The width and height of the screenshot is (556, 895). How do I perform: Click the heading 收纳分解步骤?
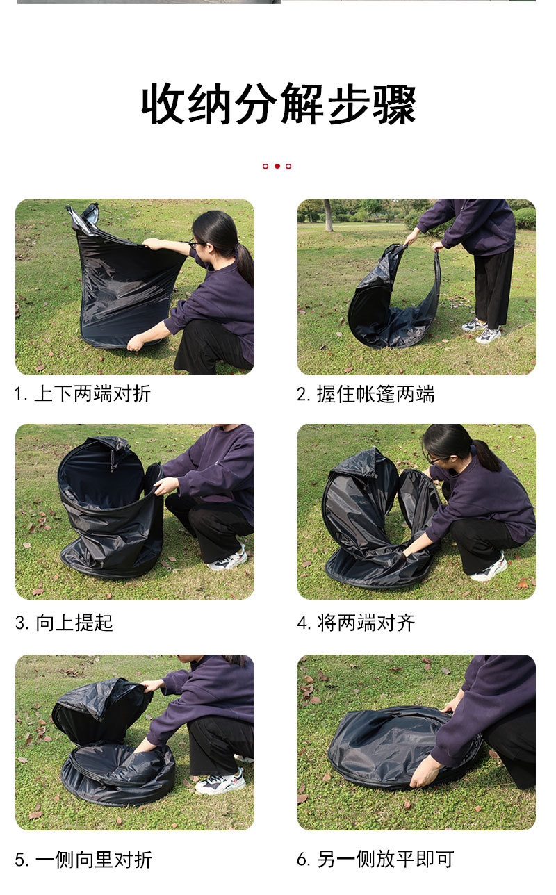click(x=278, y=104)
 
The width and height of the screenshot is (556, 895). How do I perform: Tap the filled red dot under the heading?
click(x=277, y=166)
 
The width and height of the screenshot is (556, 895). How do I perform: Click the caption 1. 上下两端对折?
click(x=83, y=394)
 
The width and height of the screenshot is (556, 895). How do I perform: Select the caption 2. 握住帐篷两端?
click(x=366, y=394)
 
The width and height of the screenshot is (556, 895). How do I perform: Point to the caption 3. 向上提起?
click(x=64, y=623)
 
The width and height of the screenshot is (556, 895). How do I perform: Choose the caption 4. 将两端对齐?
click(x=356, y=623)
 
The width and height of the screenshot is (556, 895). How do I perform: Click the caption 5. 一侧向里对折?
click(x=83, y=860)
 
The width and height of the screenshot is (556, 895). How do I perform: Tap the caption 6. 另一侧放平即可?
click(x=375, y=860)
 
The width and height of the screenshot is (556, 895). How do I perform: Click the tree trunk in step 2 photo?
click(x=327, y=215)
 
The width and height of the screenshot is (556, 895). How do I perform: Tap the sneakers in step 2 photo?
click(x=483, y=331)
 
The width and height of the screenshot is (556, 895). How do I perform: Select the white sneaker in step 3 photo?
click(x=229, y=559)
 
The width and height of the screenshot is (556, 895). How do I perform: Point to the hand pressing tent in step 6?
click(x=425, y=773)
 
